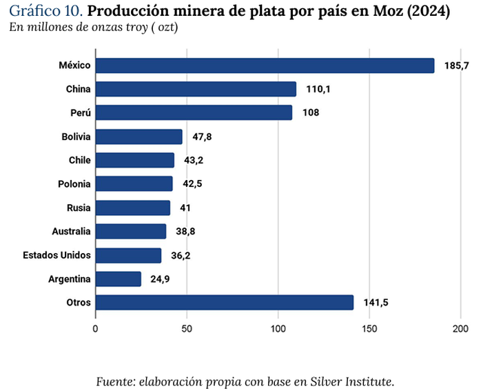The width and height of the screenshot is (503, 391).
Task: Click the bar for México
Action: (265, 66)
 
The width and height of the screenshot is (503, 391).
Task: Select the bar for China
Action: (196, 89)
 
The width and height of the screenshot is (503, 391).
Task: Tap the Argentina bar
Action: (118, 279)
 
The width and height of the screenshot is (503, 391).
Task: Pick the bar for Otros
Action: (224, 303)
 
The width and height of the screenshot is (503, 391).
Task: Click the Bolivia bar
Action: (138, 137)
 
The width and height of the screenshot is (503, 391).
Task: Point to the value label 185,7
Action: (457, 66)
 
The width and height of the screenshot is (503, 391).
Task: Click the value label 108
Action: (310, 113)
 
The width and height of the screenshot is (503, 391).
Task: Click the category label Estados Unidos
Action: (57, 255)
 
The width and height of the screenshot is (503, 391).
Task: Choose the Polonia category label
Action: (74, 184)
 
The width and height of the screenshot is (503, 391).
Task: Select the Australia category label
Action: (71, 231)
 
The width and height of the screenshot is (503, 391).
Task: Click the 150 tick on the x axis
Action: (369, 328)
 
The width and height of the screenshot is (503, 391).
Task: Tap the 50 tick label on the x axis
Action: (187, 328)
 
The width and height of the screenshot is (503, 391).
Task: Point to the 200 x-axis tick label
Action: (461, 328)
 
